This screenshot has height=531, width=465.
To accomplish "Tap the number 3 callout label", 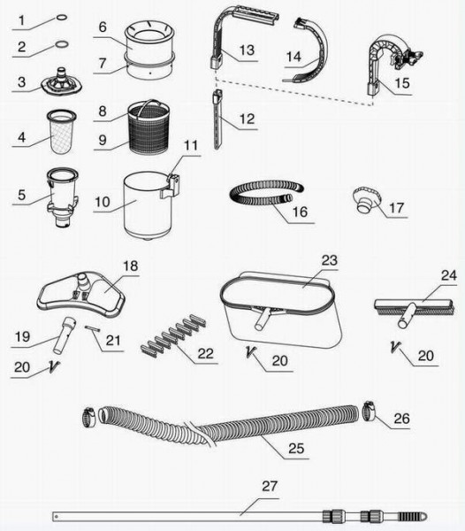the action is click(x=21, y=82).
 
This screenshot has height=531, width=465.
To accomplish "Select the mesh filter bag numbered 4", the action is click(x=62, y=131).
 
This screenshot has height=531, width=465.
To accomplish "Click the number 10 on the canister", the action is click(x=103, y=202).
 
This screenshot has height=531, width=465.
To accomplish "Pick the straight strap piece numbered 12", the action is click(x=217, y=119).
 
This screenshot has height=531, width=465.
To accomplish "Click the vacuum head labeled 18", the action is click(x=81, y=295).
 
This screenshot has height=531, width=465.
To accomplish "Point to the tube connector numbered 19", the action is click(x=64, y=335).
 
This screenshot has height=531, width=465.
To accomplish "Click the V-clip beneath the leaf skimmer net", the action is click(x=250, y=352).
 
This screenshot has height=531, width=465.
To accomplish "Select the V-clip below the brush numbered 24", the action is click(x=395, y=347).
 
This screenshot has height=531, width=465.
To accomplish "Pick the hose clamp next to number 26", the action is click(x=370, y=411).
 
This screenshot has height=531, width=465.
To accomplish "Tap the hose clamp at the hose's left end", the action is click(x=89, y=417).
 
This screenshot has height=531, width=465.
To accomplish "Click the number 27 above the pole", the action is click(x=270, y=486).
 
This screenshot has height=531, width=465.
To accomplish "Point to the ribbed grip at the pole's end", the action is click(x=408, y=517).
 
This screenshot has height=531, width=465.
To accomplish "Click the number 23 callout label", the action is click(x=330, y=260).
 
